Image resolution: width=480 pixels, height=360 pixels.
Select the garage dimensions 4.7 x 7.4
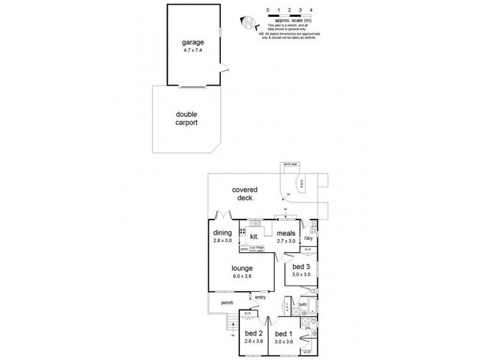coord(193,50)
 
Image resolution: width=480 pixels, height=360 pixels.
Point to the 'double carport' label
coord(187,118)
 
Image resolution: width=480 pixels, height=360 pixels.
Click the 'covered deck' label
coord(244,194)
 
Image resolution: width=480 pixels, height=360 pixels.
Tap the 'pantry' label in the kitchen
coord(244,248)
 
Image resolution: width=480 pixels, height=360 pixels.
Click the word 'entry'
coord(260,298)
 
